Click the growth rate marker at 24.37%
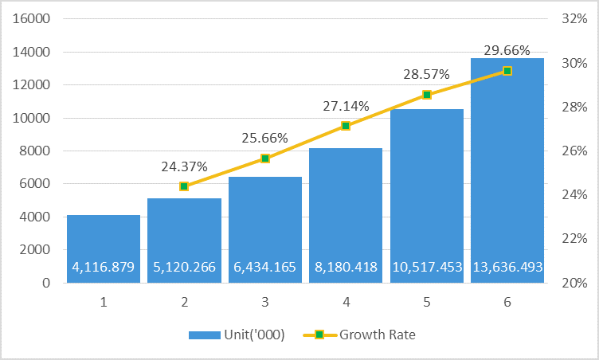pos(184,186)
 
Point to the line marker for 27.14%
pos(346,126)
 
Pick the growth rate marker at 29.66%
pos(507,71)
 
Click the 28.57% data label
pos(426,74)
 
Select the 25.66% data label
pos(265,138)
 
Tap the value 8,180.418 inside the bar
pos(346,267)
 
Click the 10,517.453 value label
pos(427,267)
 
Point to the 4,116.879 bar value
pos(104,267)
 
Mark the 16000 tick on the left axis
pos(33,19)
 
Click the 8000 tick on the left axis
pos(36,151)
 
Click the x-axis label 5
pos(426,302)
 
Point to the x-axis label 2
pos(184,302)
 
